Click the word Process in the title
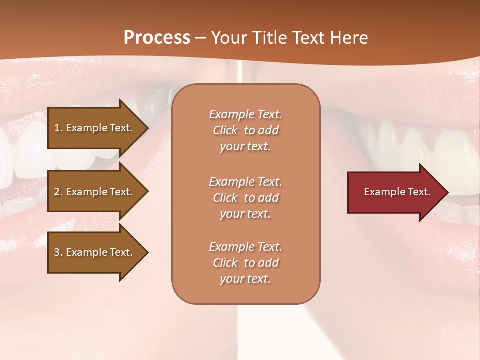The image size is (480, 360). click(157, 37)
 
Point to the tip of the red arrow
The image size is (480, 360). click(447, 192)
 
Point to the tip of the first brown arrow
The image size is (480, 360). click(147, 128)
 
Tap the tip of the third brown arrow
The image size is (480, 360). click(147, 252)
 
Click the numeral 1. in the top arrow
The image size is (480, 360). click(58, 128)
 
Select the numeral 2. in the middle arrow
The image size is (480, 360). click(58, 192)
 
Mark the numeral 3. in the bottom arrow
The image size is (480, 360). click(58, 252)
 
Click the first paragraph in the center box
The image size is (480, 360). click(245, 130)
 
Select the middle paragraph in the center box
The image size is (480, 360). click(245, 198)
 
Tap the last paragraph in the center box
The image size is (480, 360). click(245, 263)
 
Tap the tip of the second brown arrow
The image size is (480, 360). click(147, 192)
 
